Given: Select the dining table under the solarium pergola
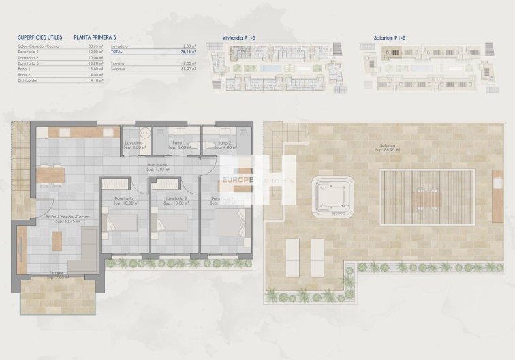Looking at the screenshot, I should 427,198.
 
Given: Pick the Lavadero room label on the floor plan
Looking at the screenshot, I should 135,143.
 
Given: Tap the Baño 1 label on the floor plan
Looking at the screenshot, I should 178,143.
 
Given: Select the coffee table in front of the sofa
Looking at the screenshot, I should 57,240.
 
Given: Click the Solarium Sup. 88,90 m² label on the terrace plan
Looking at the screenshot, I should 390,148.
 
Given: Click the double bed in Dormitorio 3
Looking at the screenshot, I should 230,222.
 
